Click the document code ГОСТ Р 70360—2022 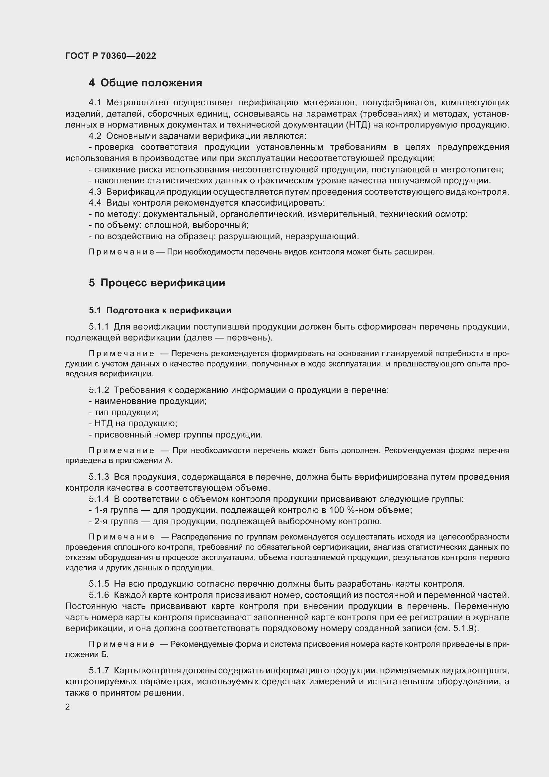111,56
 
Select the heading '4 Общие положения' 145,83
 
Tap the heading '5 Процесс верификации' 157,283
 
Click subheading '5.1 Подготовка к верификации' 160,310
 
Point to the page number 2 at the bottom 68,707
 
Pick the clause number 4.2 95,136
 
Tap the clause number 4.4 95,203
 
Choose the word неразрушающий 322,236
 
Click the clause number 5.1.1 99,327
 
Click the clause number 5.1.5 99,584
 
